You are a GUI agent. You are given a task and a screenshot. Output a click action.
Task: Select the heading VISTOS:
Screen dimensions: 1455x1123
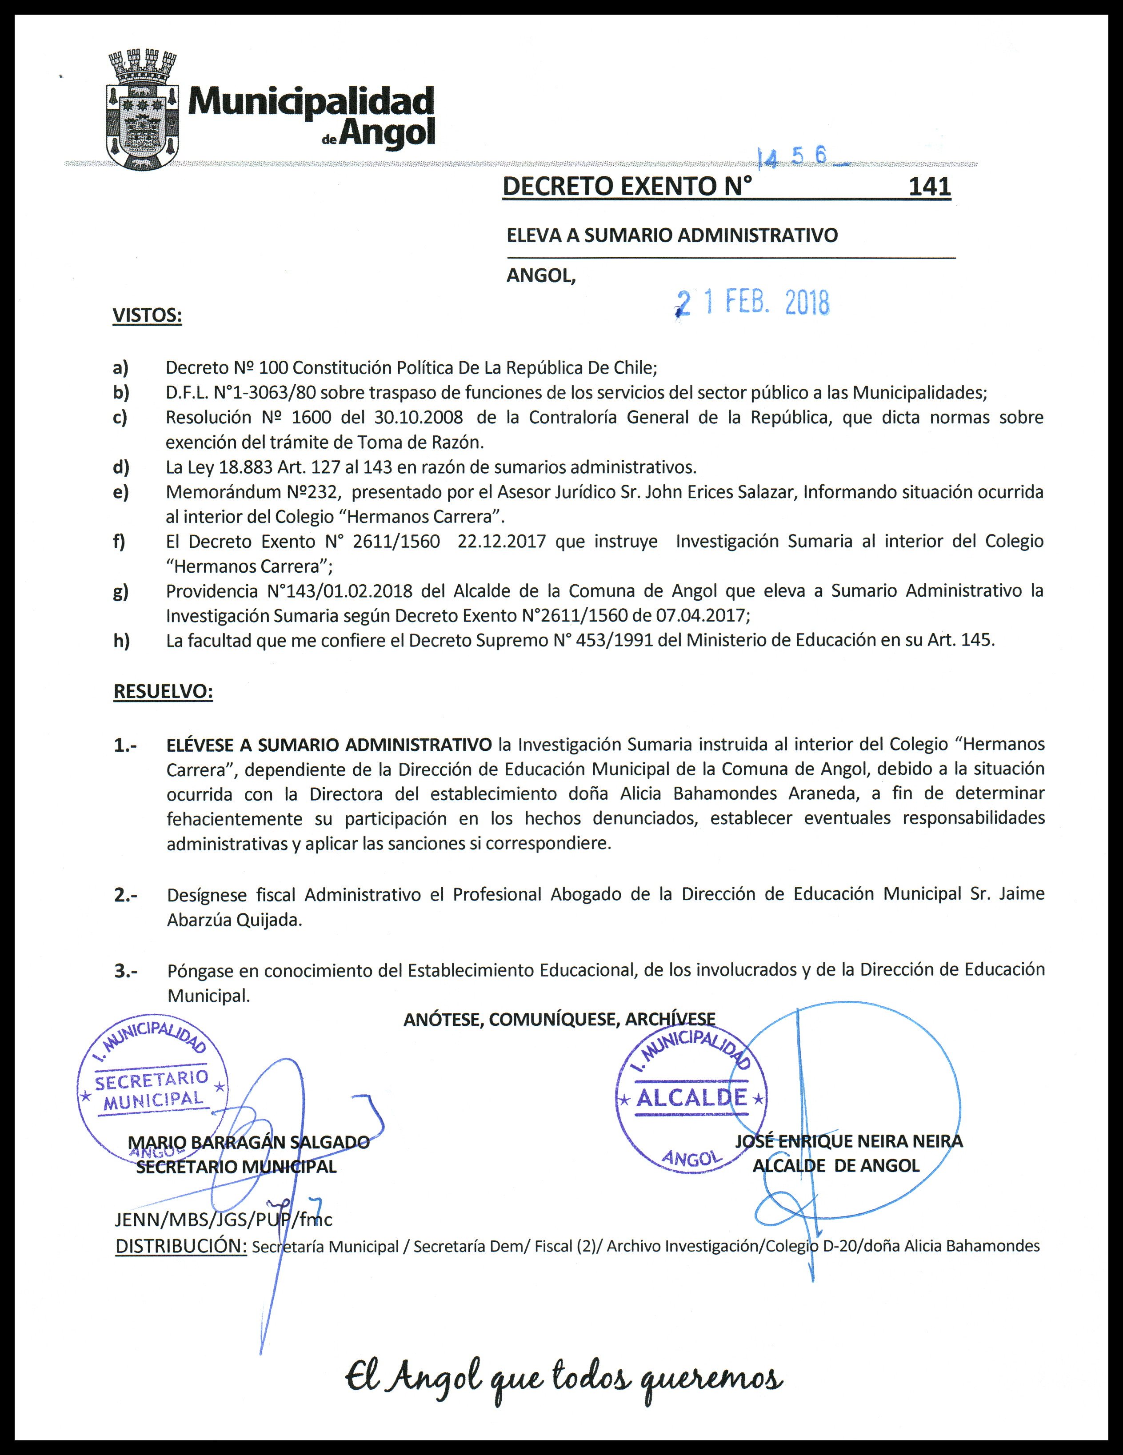pos(147,315)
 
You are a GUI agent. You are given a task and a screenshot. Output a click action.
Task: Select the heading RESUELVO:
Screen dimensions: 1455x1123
pos(163,692)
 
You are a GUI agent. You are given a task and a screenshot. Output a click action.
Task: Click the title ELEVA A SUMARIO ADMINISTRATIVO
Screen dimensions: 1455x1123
pos(672,235)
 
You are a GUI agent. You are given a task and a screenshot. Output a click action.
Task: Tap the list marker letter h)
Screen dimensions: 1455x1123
pos(121,641)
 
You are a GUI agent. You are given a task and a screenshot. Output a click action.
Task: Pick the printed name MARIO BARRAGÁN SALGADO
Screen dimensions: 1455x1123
pos(248,1142)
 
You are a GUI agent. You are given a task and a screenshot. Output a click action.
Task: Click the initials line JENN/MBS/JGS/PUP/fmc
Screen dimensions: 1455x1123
pos(223,1219)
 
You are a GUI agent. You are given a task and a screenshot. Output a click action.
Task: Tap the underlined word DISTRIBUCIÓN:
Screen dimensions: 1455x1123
pos(180,1246)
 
